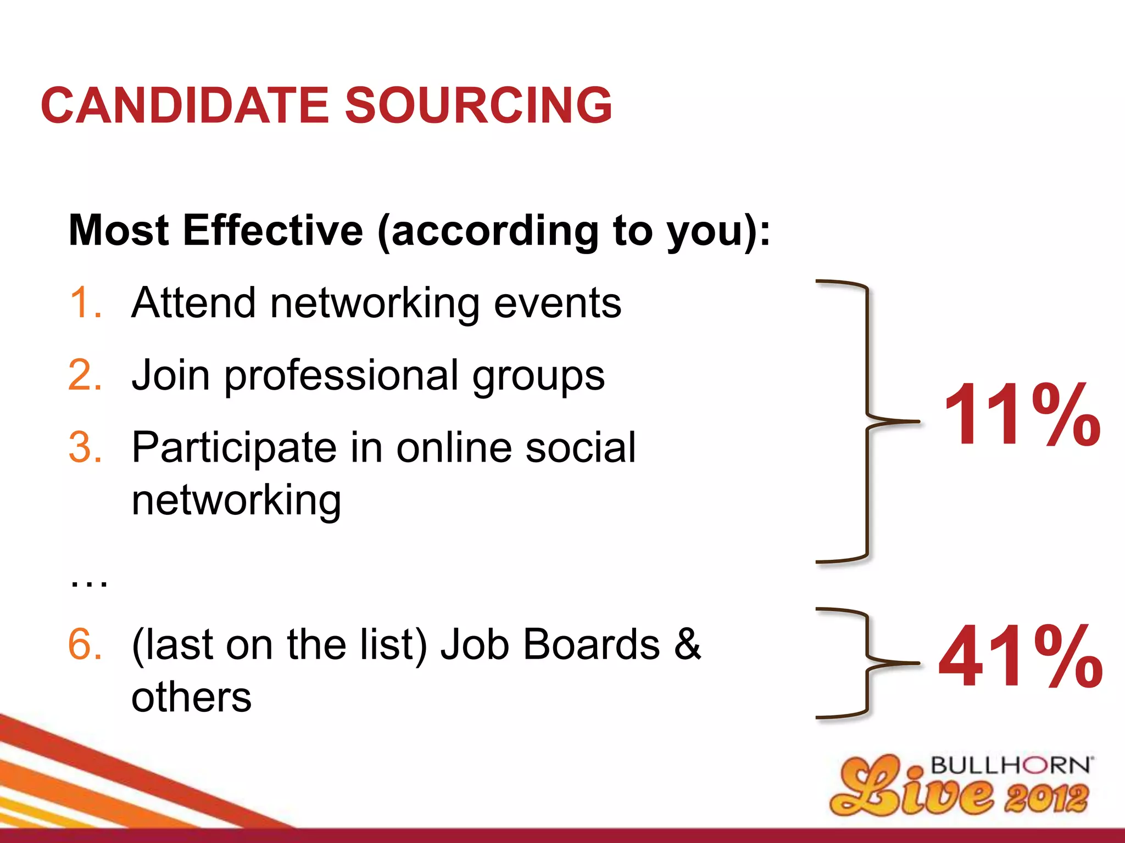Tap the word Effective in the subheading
(273, 231)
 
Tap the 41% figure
(1021, 657)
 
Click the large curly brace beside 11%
(867, 421)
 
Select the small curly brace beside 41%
(867, 663)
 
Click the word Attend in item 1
(193, 302)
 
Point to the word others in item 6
(191, 698)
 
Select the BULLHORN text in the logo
(1011, 766)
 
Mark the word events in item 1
(558, 304)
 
